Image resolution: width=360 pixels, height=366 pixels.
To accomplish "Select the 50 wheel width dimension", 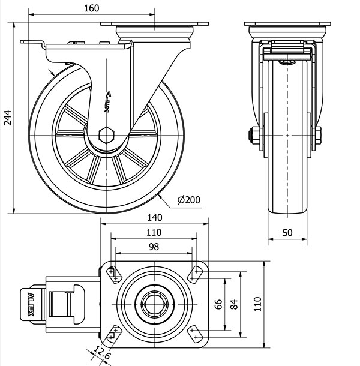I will pyautogui.click(x=288, y=233).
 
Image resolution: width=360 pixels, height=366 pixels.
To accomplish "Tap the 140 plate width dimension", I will pyautogui.click(x=155, y=217).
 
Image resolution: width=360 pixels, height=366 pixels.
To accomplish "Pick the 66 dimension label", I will pyautogui.click(x=219, y=304).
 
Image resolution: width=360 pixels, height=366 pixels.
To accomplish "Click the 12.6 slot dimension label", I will pyautogui.click(x=103, y=355).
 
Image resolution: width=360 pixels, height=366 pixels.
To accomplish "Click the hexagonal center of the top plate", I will pyautogui.click(x=154, y=305).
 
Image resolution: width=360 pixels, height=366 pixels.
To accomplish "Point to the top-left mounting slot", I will pyautogui.click(x=113, y=274).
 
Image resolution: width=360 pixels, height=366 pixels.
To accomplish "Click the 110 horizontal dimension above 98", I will pyautogui.click(x=154, y=233).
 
